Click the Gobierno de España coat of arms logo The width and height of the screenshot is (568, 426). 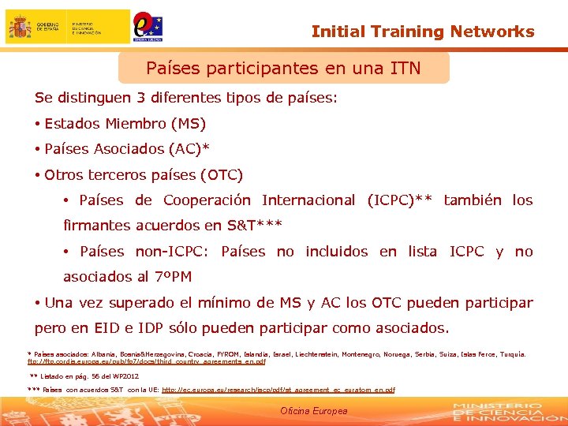click(20, 28)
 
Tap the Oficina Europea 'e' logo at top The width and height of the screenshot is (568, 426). click(148, 25)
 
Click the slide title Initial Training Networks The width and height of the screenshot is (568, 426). click(423, 32)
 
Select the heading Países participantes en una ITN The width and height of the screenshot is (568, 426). click(283, 69)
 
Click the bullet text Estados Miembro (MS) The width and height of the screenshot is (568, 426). click(125, 124)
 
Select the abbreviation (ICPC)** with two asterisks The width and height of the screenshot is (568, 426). click(399, 200)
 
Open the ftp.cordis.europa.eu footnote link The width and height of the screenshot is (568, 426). click(147, 362)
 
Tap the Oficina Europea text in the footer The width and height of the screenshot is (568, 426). click(313, 411)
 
